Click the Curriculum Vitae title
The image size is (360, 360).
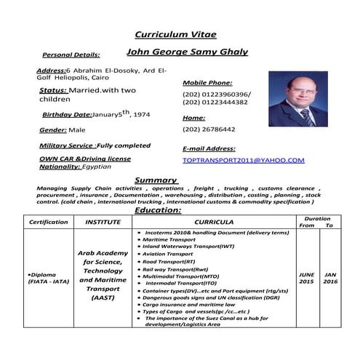[x=175, y=35]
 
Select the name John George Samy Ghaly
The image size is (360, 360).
[x=187, y=52]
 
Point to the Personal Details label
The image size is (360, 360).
[x=71, y=55]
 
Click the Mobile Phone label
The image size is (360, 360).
[x=207, y=83]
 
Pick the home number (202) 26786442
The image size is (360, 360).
[x=209, y=129]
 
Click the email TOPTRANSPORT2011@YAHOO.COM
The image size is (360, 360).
[x=244, y=160]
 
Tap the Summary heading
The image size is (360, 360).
[x=156, y=180]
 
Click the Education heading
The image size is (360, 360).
[x=158, y=209]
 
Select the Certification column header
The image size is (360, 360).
[x=48, y=222]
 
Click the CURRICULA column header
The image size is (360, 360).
[x=214, y=222]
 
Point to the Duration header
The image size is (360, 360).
[x=317, y=218]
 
